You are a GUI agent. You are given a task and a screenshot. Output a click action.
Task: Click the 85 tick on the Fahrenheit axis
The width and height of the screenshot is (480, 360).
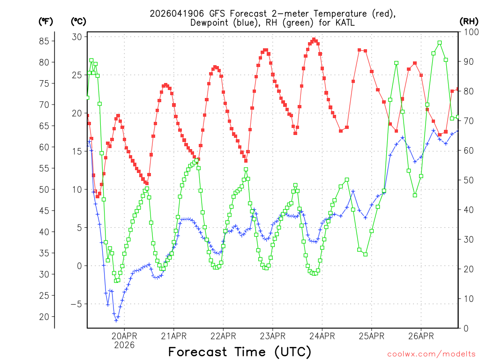click(x=44, y=41)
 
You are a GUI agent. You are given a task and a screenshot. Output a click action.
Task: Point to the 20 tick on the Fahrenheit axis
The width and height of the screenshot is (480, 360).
click(x=44, y=317)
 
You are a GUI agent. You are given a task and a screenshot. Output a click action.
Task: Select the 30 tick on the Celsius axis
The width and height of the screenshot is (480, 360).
click(x=77, y=37)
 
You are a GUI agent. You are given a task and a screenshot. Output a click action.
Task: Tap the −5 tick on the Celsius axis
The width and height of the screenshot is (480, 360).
click(x=75, y=304)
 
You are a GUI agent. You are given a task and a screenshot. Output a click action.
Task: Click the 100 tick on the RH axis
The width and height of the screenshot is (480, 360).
click(x=469, y=32)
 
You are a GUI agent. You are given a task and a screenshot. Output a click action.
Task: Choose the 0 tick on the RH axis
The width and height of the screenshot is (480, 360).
click(x=465, y=328)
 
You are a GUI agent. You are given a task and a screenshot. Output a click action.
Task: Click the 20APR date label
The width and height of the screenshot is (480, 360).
click(x=124, y=336)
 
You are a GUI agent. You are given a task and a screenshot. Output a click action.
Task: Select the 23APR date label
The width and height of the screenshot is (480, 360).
click(x=272, y=336)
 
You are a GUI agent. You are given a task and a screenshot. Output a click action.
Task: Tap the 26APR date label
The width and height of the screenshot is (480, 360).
click(x=420, y=336)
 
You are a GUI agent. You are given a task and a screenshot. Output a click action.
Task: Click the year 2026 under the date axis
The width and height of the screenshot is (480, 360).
click(x=124, y=345)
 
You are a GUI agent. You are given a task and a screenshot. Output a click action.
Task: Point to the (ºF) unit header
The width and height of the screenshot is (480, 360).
click(x=45, y=21)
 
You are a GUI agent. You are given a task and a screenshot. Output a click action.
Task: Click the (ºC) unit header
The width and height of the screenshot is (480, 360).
click(x=78, y=21)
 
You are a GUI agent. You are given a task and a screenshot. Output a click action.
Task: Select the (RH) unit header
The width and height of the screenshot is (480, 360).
click(x=469, y=21)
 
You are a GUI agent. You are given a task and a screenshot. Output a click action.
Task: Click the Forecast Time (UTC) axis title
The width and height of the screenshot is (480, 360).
click(x=240, y=352)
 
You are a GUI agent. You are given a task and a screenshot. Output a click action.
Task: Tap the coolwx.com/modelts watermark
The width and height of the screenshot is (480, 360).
click(x=431, y=354)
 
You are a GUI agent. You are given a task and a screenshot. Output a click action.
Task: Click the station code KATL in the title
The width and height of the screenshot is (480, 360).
click(x=345, y=22)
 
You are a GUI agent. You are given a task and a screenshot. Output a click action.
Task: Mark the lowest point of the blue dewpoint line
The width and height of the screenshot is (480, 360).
click(x=116, y=321)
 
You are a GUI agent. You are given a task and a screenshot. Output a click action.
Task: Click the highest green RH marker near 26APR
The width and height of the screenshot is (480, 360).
click(x=440, y=43)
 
